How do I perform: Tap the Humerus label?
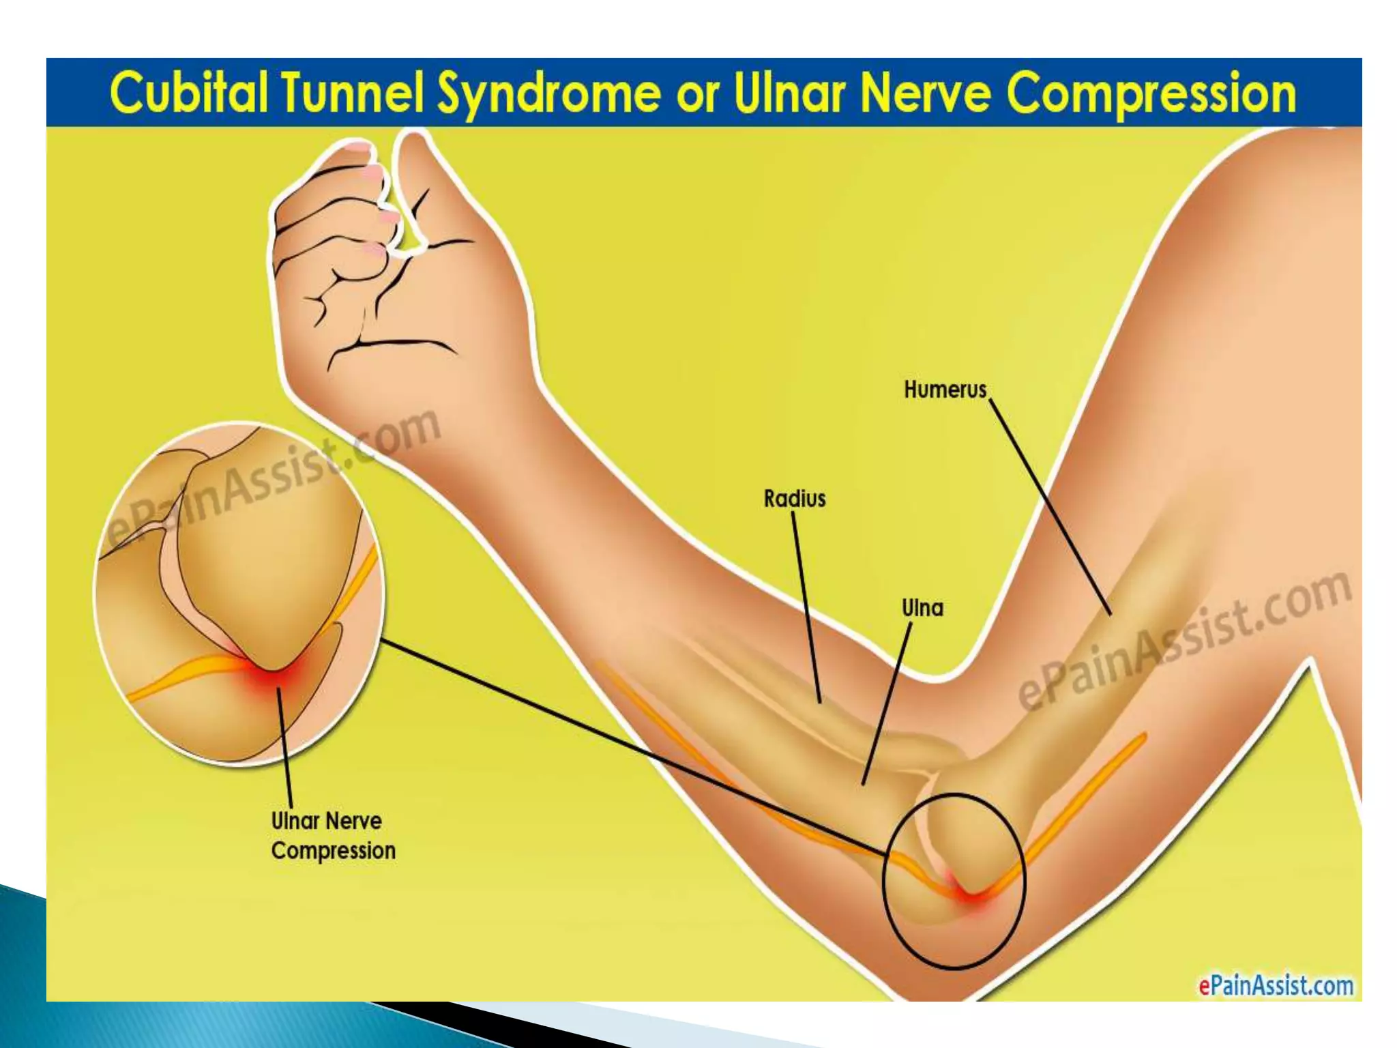pyautogui.click(x=945, y=390)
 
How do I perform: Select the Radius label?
pyautogui.click(x=795, y=499)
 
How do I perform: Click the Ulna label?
pyautogui.click(x=923, y=607)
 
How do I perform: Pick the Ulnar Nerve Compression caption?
pyautogui.click(x=334, y=836)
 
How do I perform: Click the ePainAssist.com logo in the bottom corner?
pyautogui.click(x=1276, y=986)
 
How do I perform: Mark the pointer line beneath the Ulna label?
pyautogui.click(x=887, y=703)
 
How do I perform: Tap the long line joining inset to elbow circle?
pyautogui.click(x=634, y=748)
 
